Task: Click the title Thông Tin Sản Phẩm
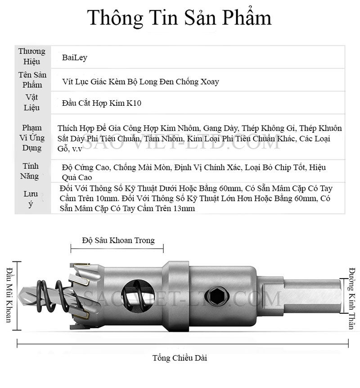179,18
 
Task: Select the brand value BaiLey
75,58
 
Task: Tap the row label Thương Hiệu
32,57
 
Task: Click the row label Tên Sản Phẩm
32,80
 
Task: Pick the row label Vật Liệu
32,103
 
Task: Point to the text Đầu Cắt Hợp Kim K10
102,104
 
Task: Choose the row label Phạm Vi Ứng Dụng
32,138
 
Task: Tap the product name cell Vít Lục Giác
141,81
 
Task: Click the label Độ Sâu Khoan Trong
118,240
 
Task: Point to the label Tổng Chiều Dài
180,358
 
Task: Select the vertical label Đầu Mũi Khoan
9,295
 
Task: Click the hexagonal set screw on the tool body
213,296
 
